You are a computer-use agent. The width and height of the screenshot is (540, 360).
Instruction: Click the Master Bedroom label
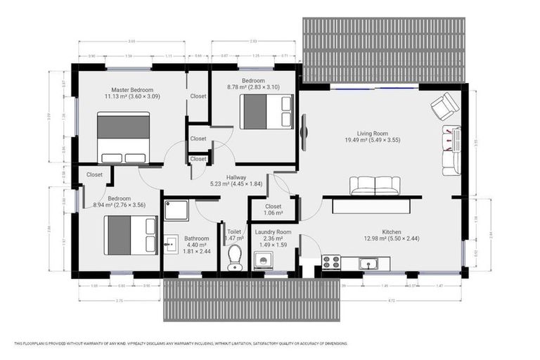point(133,90)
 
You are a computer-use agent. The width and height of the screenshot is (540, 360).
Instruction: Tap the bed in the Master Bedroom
point(124,138)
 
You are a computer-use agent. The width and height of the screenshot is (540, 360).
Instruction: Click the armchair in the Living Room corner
point(444,108)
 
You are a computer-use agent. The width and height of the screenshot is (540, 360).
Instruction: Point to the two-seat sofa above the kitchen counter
point(375,186)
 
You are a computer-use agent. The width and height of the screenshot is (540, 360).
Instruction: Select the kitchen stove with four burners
point(331,262)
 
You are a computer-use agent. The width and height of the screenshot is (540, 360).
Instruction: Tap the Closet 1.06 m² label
point(274,210)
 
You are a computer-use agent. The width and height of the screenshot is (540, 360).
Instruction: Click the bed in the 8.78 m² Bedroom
point(266,111)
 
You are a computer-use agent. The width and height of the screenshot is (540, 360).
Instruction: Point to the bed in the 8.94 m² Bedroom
point(131,235)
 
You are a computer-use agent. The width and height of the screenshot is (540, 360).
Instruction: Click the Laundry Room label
point(274,232)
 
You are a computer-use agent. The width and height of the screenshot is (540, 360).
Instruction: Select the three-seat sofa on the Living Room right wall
point(451,150)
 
